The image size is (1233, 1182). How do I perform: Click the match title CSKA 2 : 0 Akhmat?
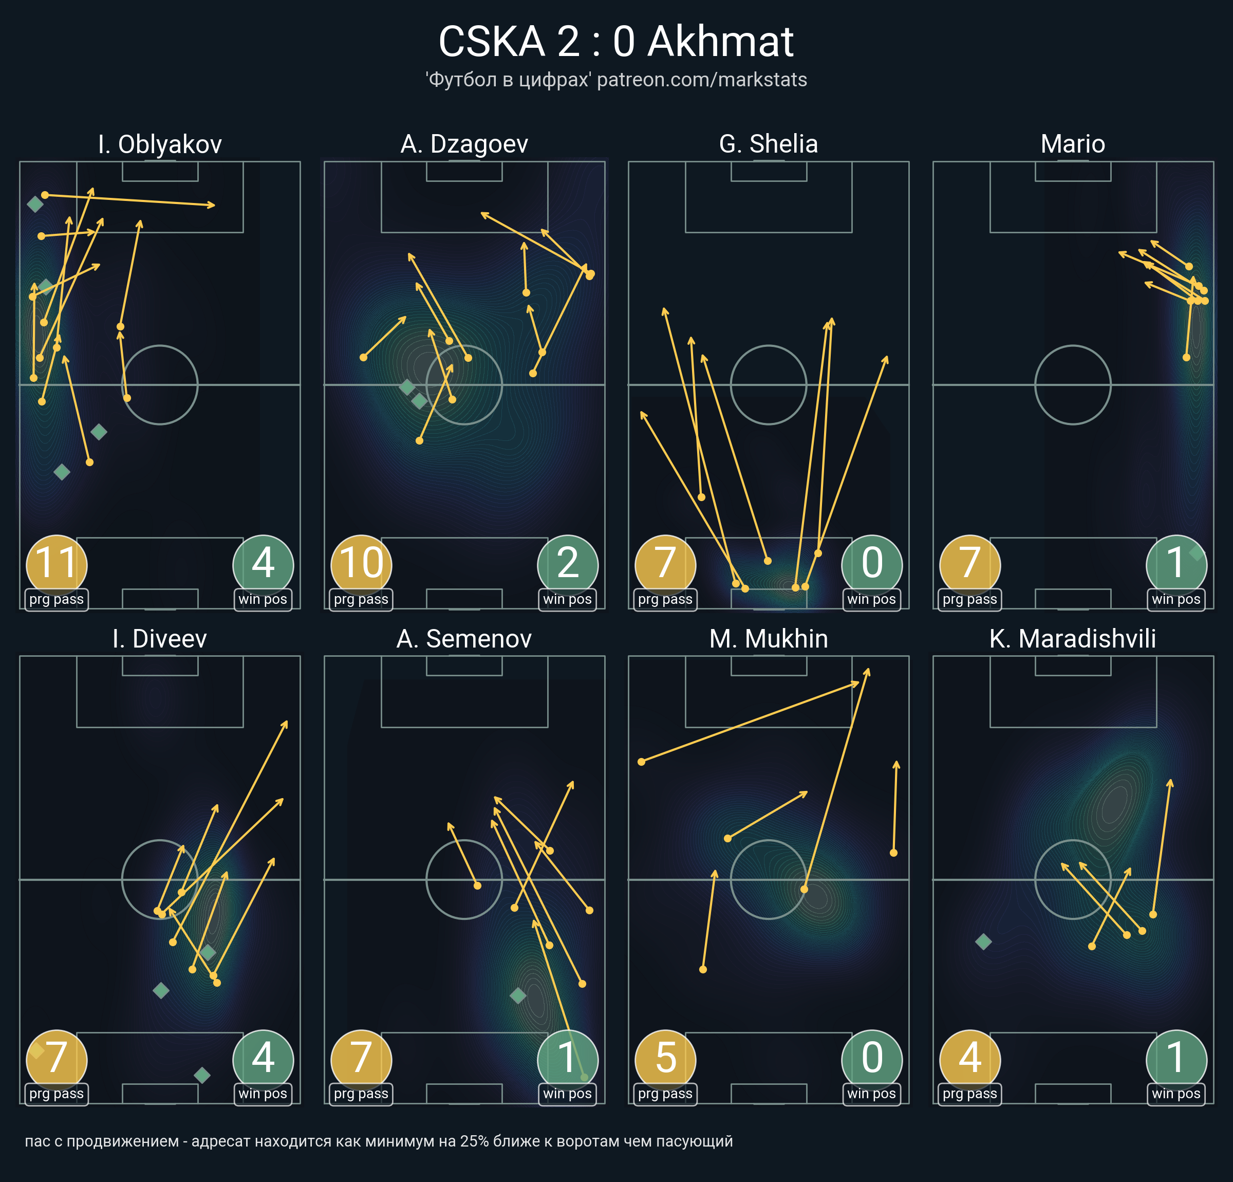click(x=616, y=42)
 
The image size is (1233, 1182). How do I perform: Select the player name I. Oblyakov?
click(x=160, y=144)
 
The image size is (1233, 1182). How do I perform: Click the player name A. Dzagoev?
click(x=464, y=144)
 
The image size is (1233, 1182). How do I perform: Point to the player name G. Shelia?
click(x=768, y=144)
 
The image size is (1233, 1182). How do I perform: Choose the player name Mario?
click(x=1073, y=144)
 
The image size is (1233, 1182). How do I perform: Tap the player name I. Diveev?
click(x=160, y=639)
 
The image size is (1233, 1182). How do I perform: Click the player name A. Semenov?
click(x=464, y=639)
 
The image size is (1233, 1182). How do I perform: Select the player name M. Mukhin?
click(x=768, y=639)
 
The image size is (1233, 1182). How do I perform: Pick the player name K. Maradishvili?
click(x=1073, y=639)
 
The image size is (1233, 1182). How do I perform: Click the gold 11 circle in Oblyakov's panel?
click(x=57, y=565)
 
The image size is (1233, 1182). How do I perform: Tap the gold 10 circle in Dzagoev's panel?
click(x=361, y=565)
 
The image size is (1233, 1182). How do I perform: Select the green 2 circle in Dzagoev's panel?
click(x=567, y=565)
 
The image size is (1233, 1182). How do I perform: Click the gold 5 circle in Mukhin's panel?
click(x=666, y=1060)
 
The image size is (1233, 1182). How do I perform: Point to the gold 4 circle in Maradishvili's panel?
click(x=970, y=1060)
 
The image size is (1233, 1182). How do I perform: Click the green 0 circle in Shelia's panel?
click(x=872, y=565)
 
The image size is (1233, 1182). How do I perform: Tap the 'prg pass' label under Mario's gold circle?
click(x=969, y=599)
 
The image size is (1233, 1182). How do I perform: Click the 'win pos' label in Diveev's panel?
click(x=263, y=1094)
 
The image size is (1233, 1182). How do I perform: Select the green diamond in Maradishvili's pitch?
click(x=983, y=941)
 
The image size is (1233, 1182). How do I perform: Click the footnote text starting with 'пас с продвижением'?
click(x=379, y=1141)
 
